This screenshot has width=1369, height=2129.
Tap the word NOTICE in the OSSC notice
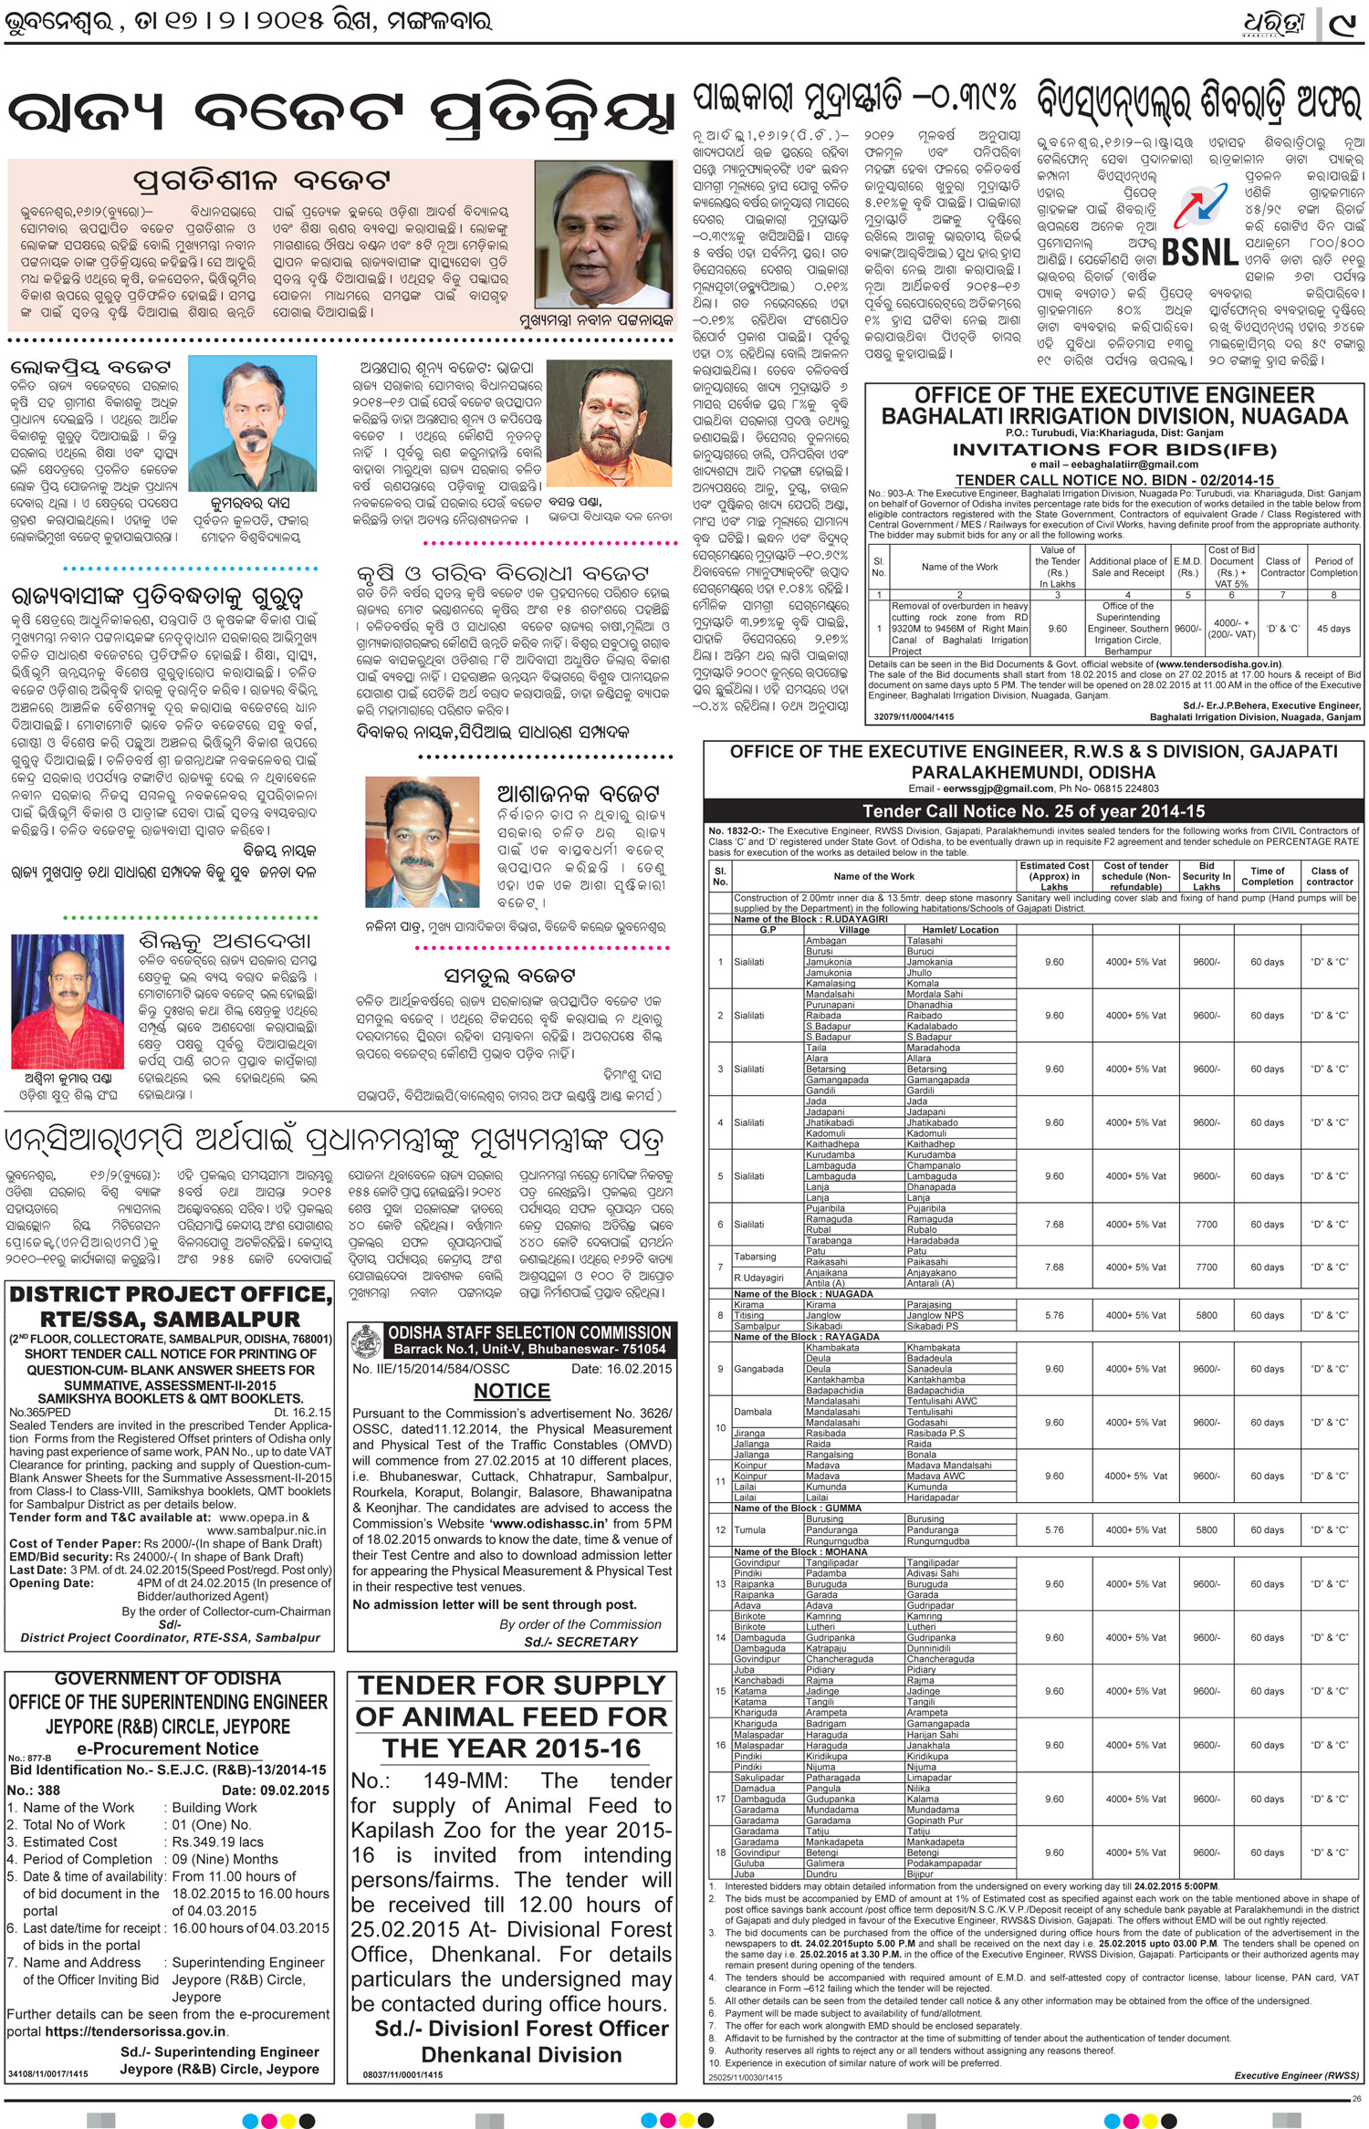pos(512,1391)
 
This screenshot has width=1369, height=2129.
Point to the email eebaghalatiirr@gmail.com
pos(1114,464)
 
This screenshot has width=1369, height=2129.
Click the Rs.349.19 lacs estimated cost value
pos(218,1842)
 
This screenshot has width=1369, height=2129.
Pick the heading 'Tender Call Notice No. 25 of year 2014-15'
pos(1033,811)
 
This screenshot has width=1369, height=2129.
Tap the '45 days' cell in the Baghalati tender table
pos(1333,629)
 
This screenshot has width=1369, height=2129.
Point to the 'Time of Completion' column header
pos(1267,876)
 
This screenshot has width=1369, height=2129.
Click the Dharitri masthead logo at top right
pos(1275,27)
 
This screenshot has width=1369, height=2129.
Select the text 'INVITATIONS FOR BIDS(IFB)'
pos(1114,449)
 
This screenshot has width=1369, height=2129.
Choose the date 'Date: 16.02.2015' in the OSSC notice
pos(622,1368)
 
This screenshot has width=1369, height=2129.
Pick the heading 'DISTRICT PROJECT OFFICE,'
pos(170,1294)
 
